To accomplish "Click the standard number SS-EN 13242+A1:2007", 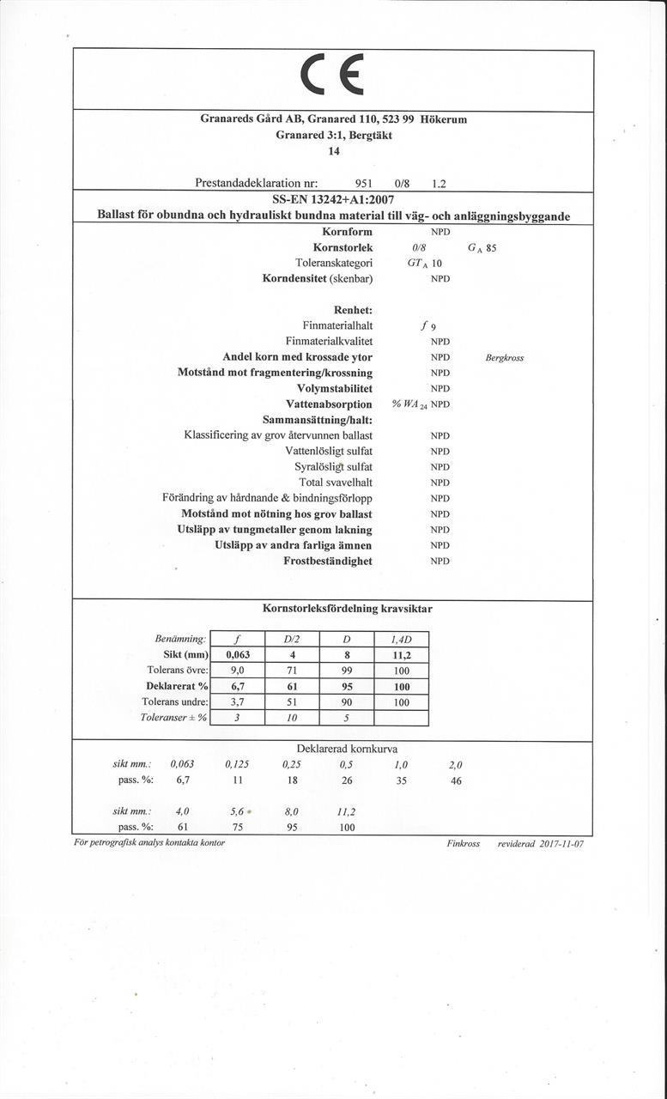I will (333, 200).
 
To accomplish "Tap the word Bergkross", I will (504, 357).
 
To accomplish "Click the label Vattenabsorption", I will (329, 404).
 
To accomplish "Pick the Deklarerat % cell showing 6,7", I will (237, 686).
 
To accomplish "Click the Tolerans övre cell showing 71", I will (292, 670).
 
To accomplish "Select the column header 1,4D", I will (402, 639).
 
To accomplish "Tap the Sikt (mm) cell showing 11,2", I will (402, 654).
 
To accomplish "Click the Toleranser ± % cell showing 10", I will (292, 718).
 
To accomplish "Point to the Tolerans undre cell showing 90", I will (347, 701).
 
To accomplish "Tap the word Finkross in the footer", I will (464, 843).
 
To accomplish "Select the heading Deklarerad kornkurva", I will (347, 749).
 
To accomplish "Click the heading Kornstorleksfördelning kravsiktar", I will (347, 609).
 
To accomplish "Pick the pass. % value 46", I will (456, 780).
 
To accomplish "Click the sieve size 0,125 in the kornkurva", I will (237, 763).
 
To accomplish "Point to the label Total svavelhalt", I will (335, 483).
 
